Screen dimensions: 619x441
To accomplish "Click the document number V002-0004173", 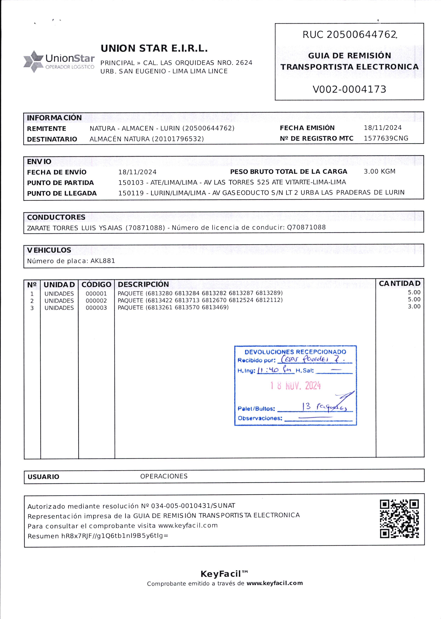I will (349, 89).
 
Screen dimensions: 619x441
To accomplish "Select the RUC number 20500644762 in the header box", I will (361, 35).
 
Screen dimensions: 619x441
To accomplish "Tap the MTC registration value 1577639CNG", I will (386, 138).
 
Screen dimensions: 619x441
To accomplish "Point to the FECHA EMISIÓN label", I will (307, 128).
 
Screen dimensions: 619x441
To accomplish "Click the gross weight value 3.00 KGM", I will (379, 172).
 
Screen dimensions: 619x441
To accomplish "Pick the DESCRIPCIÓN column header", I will (143, 284).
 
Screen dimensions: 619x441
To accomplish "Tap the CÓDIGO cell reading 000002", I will (96, 301).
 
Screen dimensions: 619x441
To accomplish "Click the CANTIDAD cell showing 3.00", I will (414, 307).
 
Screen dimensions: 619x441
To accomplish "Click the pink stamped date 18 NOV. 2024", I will (296, 385).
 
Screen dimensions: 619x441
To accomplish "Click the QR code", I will (399, 519).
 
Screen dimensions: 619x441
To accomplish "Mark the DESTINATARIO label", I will (52, 139).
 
